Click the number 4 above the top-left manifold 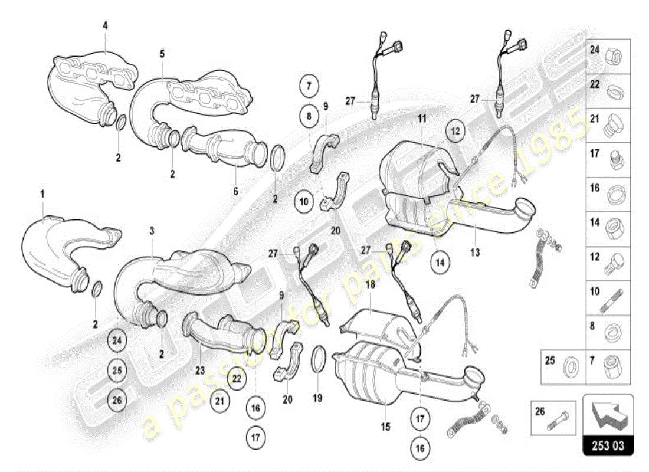click(x=105, y=25)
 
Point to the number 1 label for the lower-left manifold click(x=42, y=194)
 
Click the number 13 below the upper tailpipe click(x=475, y=253)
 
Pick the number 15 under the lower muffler click(x=385, y=426)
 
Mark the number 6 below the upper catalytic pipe click(x=235, y=191)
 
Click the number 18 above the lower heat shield click(x=370, y=284)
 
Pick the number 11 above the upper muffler click(x=422, y=119)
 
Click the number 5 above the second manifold click(x=162, y=54)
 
